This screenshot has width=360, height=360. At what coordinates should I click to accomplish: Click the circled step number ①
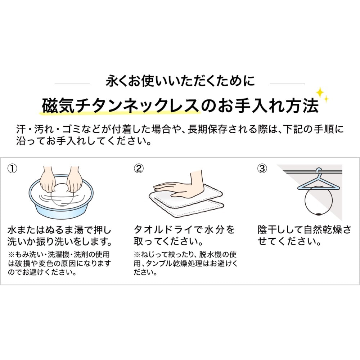[12, 169]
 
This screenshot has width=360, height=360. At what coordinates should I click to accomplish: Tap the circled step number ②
[139, 169]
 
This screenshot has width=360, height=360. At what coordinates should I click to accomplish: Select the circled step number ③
[262, 169]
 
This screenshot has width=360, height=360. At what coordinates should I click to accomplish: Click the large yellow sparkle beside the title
[320, 93]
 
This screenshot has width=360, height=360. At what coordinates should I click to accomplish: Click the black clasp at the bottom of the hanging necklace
[318, 214]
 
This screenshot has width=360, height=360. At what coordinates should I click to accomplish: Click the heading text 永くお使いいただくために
[180, 81]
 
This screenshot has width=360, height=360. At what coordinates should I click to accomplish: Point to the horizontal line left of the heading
[72, 84]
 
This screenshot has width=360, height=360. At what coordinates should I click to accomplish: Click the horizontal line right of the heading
[287, 84]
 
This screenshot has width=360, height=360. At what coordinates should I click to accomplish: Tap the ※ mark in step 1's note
[11, 255]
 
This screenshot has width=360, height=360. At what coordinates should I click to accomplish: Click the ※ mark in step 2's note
[137, 255]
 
